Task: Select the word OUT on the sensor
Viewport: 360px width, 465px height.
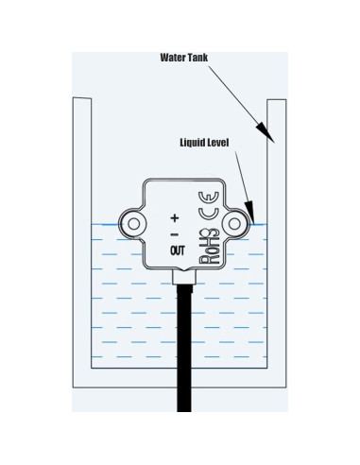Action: tap(177, 250)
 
